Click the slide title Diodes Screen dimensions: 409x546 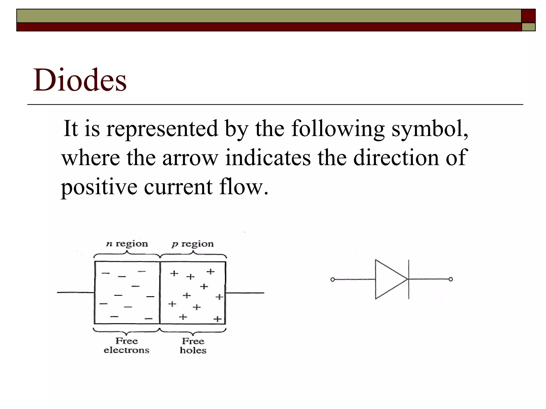click(x=79, y=80)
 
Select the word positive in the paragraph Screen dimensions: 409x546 click(x=99, y=187)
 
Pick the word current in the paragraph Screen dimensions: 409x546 click(x=178, y=187)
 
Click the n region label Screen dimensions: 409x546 click(x=127, y=244)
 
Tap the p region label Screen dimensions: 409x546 click(x=192, y=244)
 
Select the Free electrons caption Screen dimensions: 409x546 click(x=126, y=345)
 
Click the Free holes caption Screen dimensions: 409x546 click(x=193, y=346)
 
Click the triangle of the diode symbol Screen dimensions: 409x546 click(x=388, y=279)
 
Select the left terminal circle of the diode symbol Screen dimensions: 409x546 click(x=332, y=280)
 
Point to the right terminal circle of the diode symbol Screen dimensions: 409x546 click(x=451, y=279)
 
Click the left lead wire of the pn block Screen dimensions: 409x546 click(x=76, y=293)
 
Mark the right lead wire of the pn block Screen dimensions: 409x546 click(x=245, y=293)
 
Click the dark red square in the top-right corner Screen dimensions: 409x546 click(x=528, y=16)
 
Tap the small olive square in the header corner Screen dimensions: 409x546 click(x=528, y=27)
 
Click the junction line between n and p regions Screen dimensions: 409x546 click(x=160, y=293)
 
